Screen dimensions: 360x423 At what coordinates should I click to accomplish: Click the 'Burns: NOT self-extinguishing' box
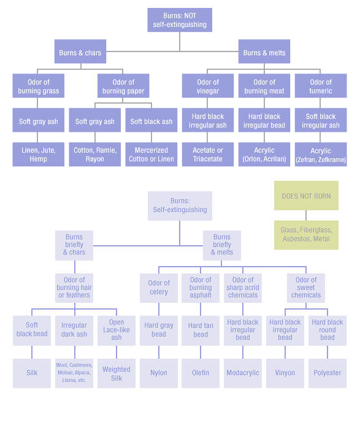(180, 20)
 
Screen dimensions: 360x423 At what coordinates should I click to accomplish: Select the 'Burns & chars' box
(80, 51)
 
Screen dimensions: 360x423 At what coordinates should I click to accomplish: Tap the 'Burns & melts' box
(264, 51)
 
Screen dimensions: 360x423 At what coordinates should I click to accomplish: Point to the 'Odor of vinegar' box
(208, 86)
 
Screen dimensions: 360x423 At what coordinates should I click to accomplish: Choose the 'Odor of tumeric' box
(321, 86)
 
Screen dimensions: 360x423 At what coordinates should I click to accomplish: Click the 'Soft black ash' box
(151, 120)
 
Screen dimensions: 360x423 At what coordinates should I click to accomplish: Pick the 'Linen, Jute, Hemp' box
(38, 154)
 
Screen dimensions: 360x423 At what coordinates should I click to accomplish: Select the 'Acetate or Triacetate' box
(208, 154)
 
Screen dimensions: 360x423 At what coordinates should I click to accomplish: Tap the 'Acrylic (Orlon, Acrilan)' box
(264, 154)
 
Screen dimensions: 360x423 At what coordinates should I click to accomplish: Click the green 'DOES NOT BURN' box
(306, 196)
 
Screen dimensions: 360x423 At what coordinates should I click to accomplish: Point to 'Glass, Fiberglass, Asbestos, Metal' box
(306, 235)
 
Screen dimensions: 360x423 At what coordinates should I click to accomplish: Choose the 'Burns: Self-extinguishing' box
(180, 206)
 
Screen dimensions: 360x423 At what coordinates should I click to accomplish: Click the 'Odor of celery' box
(159, 288)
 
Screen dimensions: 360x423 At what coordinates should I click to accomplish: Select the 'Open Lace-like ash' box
(117, 330)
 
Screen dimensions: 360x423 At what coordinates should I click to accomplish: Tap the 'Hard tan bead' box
(201, 330)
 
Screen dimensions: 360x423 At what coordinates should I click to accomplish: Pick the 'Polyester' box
(327, 373)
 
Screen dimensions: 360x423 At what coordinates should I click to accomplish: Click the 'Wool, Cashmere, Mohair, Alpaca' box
(74, 373)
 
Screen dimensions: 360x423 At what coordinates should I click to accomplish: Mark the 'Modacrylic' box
(243, 373)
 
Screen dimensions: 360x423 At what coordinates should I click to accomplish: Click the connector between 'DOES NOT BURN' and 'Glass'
(306, 215)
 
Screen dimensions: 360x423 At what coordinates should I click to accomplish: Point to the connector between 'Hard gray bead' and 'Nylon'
(159, 352)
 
